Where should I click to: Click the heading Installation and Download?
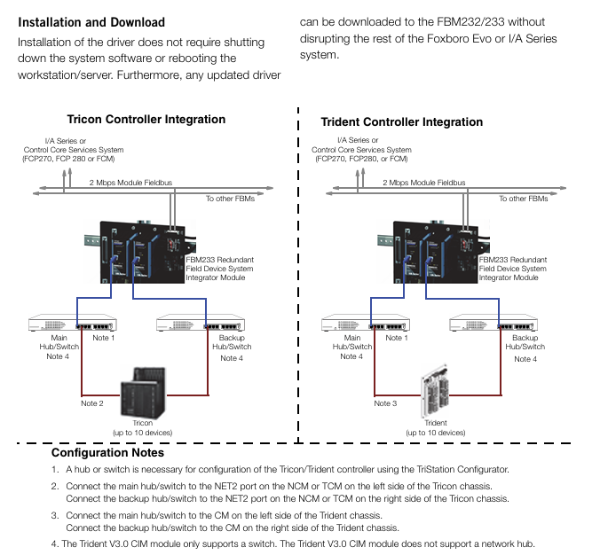tap(91, 21)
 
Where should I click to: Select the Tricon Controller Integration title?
tap(146, 120)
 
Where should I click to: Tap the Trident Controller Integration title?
tap(401, 122)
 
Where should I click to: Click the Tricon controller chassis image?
tap(141, 391)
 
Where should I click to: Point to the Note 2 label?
tap(92, 404)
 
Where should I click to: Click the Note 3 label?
tap(385, 404)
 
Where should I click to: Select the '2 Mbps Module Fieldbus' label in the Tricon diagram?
tap(130, 183)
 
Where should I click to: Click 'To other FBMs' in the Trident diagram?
tap(523, 199)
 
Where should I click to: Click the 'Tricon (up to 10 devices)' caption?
tap(142, 428)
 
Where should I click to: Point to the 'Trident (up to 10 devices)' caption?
tap(436, 428)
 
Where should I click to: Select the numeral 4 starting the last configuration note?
tap(53, 544)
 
